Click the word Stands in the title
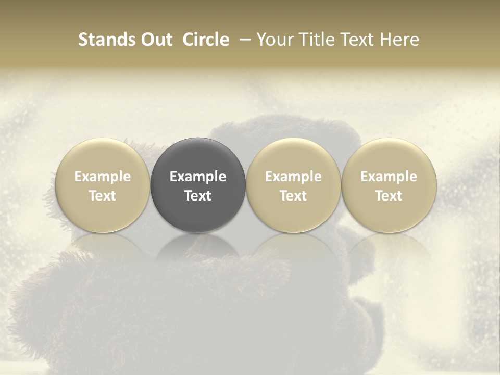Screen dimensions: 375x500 click(105, 40)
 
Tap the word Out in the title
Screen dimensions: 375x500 click(155, 40)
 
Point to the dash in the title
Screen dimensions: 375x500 click(242, 40)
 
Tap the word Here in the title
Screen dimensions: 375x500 click(398, 40)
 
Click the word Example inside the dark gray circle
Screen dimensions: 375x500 click(198, 177)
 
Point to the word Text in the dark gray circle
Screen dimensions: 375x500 click(198, 196)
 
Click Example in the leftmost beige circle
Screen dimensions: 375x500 click(102, 177)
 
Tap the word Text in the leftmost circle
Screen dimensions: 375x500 click(102, 196)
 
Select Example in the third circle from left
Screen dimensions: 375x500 click(293, 177)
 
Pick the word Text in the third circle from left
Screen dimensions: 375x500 click(293, 196)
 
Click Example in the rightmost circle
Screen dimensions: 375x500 click(389, 177)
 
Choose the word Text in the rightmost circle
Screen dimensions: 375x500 click(389, 196)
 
